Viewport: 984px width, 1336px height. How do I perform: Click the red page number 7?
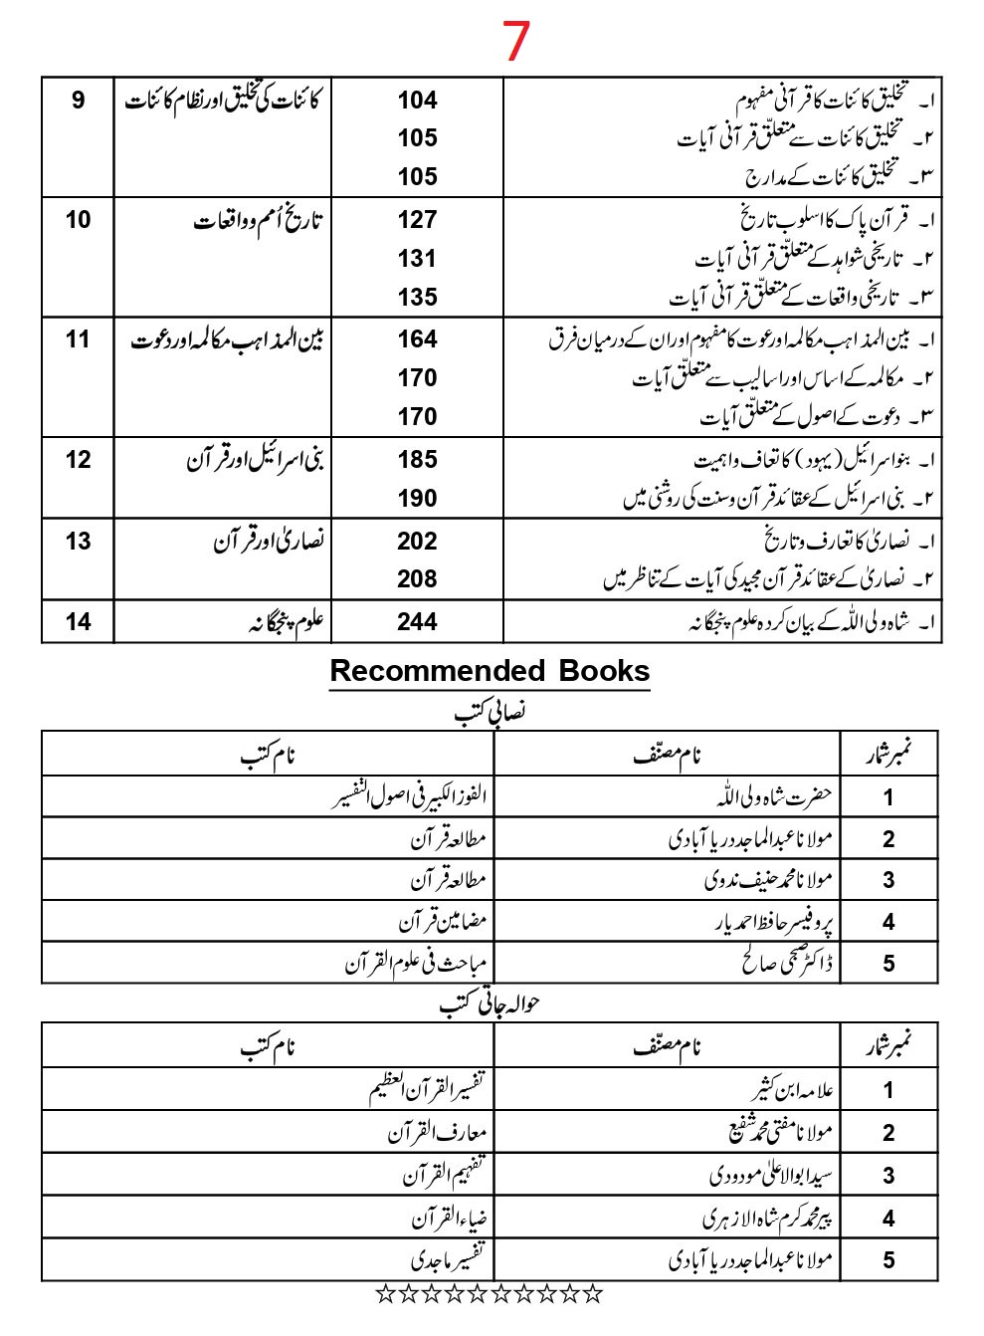[x=515, y=42]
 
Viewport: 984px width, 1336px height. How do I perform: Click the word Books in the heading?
[x=604, y=671]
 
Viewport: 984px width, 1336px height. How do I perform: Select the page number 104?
[x=417, y=101]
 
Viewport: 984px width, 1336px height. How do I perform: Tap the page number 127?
[x=417, y=220]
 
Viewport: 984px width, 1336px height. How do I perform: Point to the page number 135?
[x=417, y=298]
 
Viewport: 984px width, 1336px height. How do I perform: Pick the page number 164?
[x=417, y=339]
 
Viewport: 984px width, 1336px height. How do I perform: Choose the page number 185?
[x=417, y=460]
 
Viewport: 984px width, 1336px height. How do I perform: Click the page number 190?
[x=417, y=499]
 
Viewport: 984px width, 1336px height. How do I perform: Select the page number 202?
[x=417, y=542]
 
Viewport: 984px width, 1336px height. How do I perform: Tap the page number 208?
[x=417, y=579]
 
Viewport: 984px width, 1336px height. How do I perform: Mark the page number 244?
[x=417, y=622]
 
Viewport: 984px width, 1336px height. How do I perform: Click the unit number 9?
[x=79, y=101]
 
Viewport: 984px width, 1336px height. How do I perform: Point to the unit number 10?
[x=79, y=220]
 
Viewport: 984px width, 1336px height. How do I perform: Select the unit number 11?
[x=79, y=339]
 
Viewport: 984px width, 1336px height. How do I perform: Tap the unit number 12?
[x=79, y=460]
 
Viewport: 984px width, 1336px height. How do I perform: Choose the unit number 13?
[x=79, y=542]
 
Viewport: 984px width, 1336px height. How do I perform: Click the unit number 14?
[x=79, y=622]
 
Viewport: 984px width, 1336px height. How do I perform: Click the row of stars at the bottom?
[x=490, y=1294]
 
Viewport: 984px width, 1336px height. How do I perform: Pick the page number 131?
[x=417, y=259]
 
